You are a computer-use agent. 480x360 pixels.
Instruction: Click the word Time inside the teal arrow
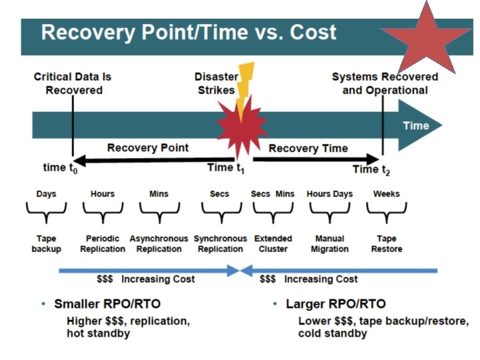415,125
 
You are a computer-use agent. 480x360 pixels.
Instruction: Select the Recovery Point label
148,147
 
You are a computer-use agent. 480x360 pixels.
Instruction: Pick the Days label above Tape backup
46,194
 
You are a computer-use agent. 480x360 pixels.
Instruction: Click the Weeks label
387,194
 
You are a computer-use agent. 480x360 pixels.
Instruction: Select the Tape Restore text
387,243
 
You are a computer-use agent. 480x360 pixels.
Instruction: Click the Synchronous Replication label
220,243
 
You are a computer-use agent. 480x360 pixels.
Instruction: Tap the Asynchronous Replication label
159,243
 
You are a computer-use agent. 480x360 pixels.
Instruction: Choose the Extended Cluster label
273,243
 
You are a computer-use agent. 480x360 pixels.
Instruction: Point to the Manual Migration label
329,243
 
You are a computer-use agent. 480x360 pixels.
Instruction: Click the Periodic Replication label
102,243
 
